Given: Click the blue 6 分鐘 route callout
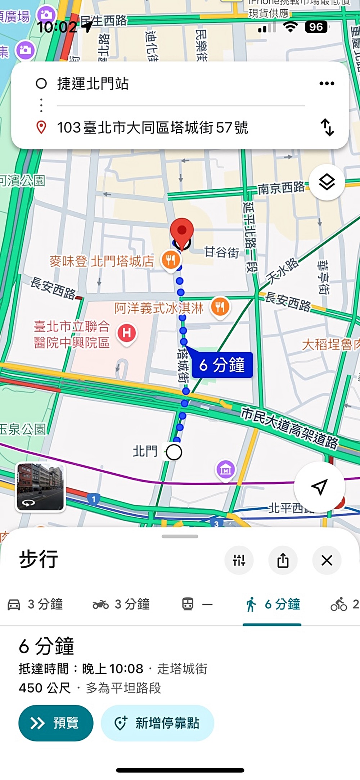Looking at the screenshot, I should pos(222,365).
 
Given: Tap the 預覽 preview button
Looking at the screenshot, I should pos(56,723).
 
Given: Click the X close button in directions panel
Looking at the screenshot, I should pos(327,560).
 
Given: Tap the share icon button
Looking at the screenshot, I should pos(283,560).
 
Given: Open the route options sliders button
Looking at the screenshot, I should pos(239,560).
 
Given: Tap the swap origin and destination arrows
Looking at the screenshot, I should pos(327,127).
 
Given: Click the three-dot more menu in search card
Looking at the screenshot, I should pos(327,84).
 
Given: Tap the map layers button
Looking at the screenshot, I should pos(327,182).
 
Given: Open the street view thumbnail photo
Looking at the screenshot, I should pos(40,487).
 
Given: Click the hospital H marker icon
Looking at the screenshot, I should pos(127,333).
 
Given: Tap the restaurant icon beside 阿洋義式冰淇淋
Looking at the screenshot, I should pos(220,307).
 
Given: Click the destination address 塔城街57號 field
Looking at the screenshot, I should pos(153,127).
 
